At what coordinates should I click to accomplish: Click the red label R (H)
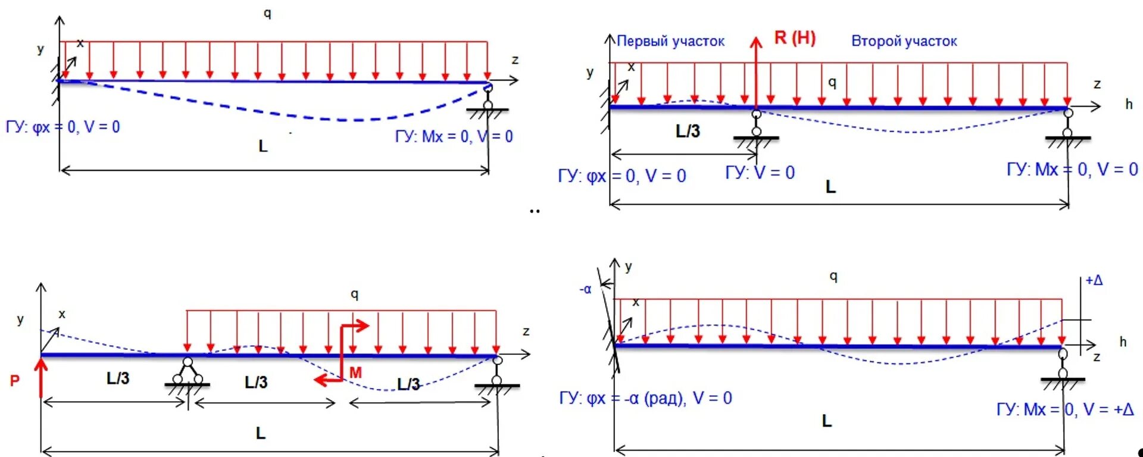click(x=795, y=38)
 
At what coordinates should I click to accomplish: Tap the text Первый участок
click(x=670, y=41)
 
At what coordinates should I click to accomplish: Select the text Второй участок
click(x=904, y=41)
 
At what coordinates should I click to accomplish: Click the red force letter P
click(x=15, y=381)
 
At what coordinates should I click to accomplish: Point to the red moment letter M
click(x=355, y=373)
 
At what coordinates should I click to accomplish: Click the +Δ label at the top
click(x=1094, y=280)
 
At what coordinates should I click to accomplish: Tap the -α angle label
click(x=586, y=290)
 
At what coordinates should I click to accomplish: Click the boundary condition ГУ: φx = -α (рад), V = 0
click(x=645, y=398)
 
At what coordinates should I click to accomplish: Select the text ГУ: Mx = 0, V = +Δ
click(x=1065, y=409)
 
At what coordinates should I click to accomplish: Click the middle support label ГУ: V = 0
click(x=760, y=173)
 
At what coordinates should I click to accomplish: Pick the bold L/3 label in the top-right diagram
click(x=688, y=131)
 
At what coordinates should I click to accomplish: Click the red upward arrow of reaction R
click(x=756, y=71)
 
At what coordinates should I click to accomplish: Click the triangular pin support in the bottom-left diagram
click(x=188, y=373)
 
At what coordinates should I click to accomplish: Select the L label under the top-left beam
click(x=263, y=146)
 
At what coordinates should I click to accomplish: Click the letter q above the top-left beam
click(x=267, y=13)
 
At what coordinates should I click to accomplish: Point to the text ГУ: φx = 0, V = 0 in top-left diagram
click(x=63, y=127)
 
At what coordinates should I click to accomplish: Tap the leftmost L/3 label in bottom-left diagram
click(x=118, y=378)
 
